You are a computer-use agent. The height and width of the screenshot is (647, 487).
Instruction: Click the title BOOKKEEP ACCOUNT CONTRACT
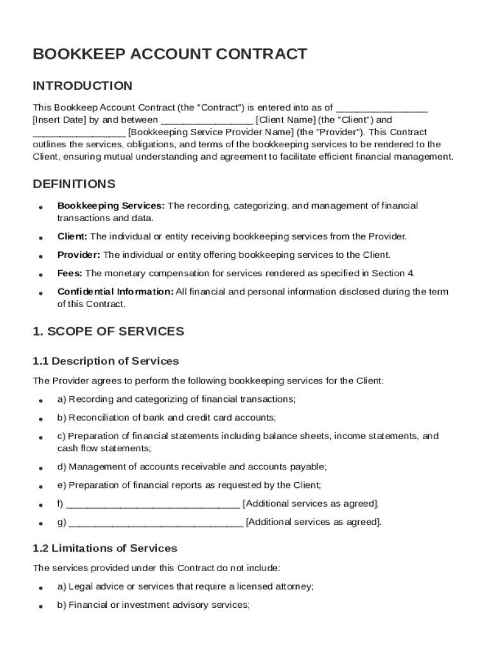pos(170,54)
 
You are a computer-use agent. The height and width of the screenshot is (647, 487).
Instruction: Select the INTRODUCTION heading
pos(82,86)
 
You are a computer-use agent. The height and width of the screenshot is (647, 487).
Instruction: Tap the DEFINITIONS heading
pos(74,184)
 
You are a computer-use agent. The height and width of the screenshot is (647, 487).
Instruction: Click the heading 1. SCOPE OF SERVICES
pos(108,332)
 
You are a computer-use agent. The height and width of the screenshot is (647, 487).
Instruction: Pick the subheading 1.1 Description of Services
pos(106,361)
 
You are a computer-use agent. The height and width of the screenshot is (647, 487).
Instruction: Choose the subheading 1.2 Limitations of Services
pos(105,548)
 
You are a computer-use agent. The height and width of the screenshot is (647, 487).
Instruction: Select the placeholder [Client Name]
pos(285,120)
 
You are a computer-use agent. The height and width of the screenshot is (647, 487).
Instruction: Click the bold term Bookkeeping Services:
pos(111,206)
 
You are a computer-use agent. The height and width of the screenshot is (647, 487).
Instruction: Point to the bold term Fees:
pos(70,274)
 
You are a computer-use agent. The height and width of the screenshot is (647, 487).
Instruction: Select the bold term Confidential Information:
pos(115,292)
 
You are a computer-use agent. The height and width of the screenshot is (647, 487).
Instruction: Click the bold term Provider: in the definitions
pos(78,255)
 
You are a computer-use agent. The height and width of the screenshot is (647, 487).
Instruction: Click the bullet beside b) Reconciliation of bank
pos(40,419)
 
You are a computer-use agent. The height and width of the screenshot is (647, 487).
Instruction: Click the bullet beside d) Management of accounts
pos(40,468)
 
